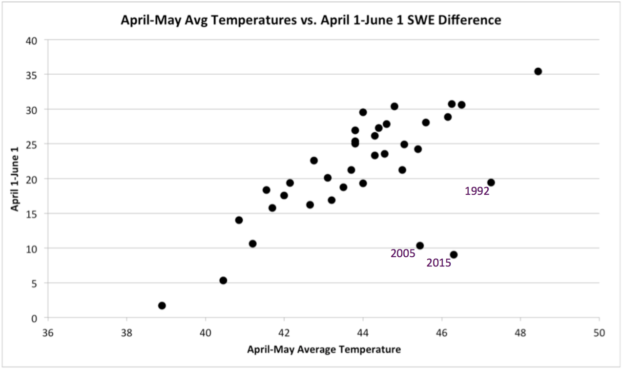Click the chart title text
(311, 20)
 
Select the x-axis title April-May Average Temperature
(324, 349)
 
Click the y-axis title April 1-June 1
(15, 179)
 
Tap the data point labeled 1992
(491, 183)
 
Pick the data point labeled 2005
(420, 246)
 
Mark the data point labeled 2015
(454, 255)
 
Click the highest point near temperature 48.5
(538, 71)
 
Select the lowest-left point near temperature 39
(162, 306)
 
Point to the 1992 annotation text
(477, 191)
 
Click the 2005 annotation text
(403, 253)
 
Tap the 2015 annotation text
(438, 263)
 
